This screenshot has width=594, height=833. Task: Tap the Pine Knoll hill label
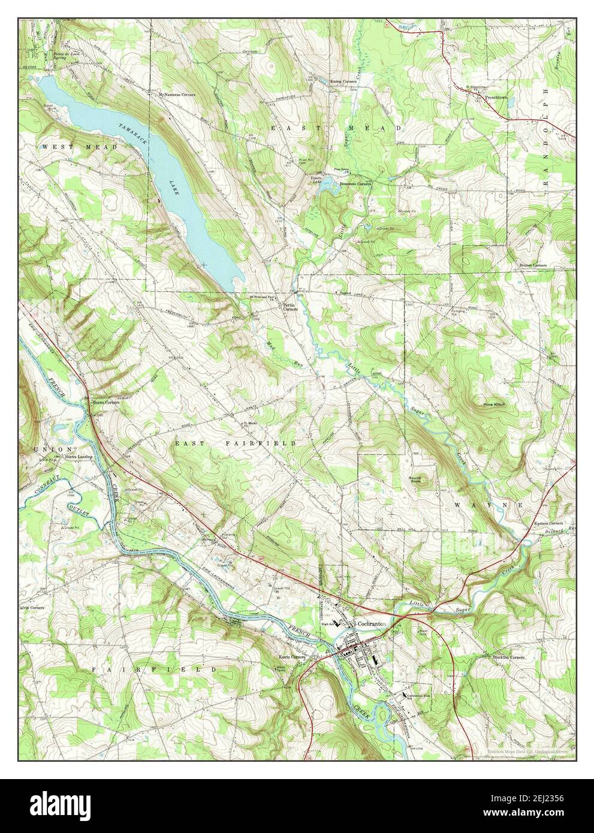point(495,405)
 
